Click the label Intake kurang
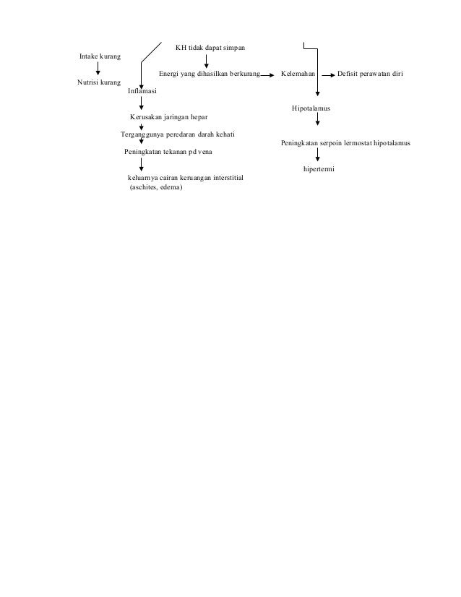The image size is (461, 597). click(x=100, y=56)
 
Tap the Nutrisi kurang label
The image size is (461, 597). click(x=99, y=82)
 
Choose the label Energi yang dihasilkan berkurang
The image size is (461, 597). click(x=209, y=74)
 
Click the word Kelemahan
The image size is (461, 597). click(x=298, y=74)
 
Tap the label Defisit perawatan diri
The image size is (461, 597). click(x=371, y=74)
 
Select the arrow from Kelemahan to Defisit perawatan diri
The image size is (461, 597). click(x=325, y=74)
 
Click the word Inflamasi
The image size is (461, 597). click(x=142, y=92)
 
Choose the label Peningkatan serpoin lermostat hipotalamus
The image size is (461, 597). click(x=345, y=143)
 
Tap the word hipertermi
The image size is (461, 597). click(x=319, y=169)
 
